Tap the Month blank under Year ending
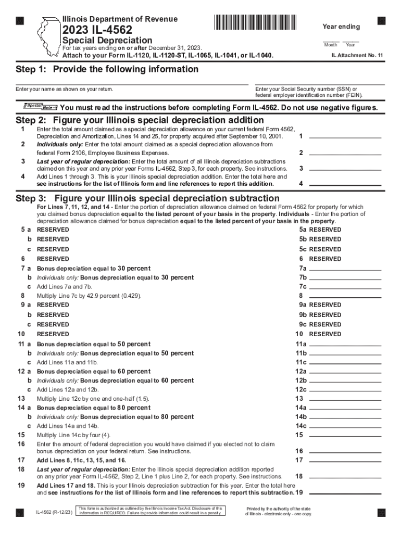pos(330,41)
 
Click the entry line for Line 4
pos(345,184)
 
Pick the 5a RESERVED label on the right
pos(320,230)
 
